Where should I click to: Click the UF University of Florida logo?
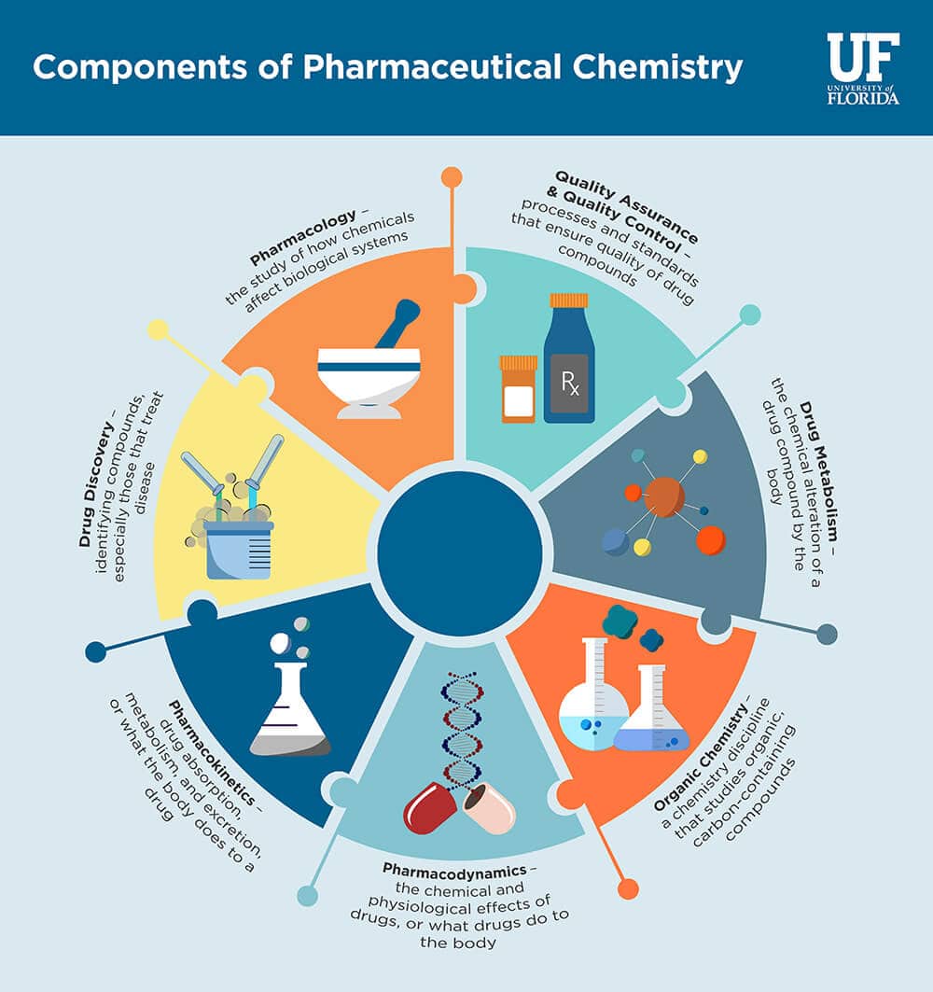click(863, 68)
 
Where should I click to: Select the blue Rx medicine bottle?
click(568, 358)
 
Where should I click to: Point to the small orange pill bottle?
click(519, 389)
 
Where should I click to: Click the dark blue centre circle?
click(460, 553)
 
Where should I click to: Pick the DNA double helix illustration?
click(462, 731)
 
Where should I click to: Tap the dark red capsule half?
click(430, 808)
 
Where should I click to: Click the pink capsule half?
click(489, 807)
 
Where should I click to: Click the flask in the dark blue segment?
click(290, 709)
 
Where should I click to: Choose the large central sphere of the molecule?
click(664, 497)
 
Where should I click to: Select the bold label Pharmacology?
click(303, 237)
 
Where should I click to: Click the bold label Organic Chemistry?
click(700, 757)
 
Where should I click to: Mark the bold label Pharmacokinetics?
click(212, 752)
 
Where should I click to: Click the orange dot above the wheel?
click(452, 177)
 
